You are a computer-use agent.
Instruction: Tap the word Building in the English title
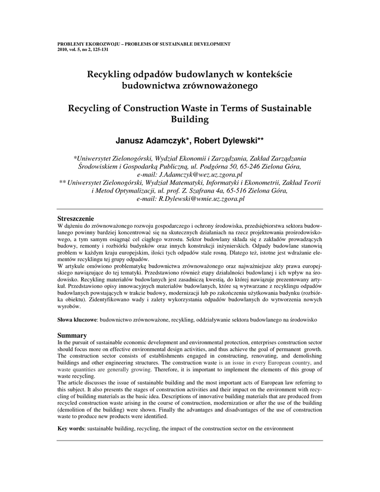point(190,119)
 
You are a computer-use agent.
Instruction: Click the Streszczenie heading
point(75,219)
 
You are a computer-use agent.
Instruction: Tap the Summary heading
point(72,335)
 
